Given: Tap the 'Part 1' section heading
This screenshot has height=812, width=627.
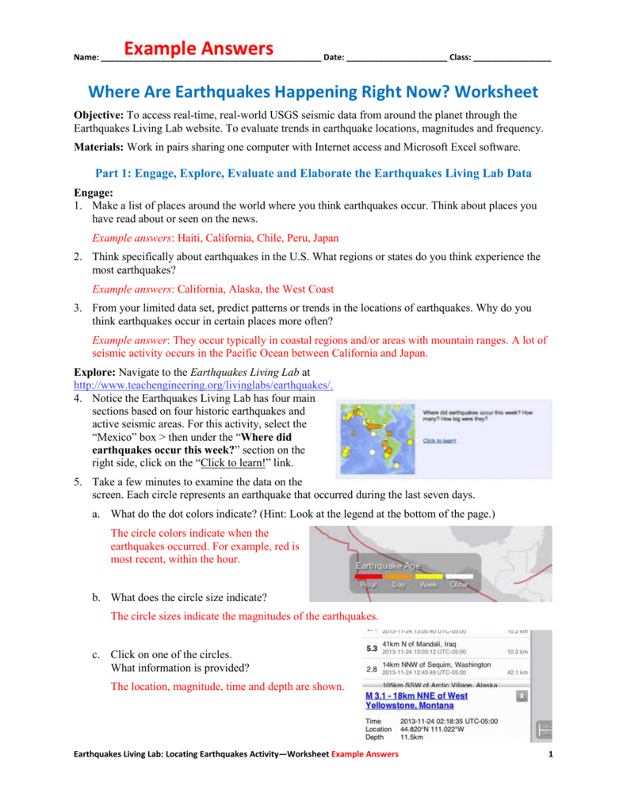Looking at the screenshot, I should (x=313, y=174).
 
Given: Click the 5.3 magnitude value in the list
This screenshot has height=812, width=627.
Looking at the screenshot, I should (x=371, y=648).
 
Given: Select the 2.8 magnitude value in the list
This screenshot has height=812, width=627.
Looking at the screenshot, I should (x=371, y=668).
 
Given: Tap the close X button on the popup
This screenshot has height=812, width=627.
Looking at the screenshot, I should (x=522, y=695).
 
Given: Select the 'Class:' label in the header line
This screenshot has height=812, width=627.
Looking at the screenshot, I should (x=461, y=58).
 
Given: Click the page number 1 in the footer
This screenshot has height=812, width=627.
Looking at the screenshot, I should (x=549, y=776).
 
